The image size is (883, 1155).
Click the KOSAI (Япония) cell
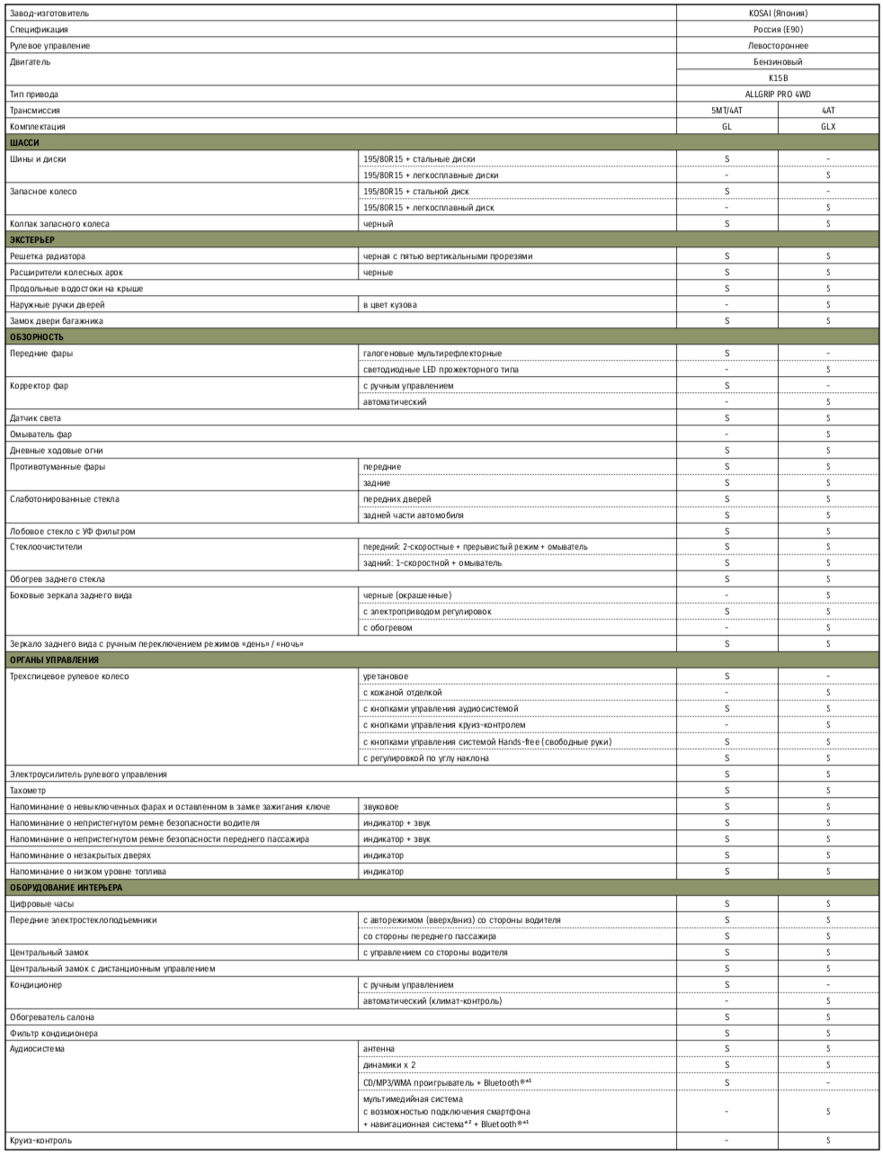click(777, 13)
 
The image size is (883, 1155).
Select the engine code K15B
click(777, 78)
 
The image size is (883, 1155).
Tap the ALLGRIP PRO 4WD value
click(777, 94)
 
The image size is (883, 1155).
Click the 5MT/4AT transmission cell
click(727, 111)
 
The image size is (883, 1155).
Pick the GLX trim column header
click(827, 127)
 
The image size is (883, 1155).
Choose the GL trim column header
click(727, 127)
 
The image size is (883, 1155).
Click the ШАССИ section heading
click(24, 143)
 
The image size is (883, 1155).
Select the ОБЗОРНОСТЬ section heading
click(36, 337)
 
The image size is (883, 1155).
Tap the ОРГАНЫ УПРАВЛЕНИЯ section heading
click(54, 660)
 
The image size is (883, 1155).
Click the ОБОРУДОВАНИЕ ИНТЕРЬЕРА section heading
click(66, 888)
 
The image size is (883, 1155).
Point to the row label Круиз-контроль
click(40, 1141)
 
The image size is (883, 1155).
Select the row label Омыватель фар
click(40, 434)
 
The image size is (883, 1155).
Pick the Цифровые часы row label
click(41, 904)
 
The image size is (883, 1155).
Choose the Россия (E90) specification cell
click(777, 30)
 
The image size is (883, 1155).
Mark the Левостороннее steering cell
click(777, 46)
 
